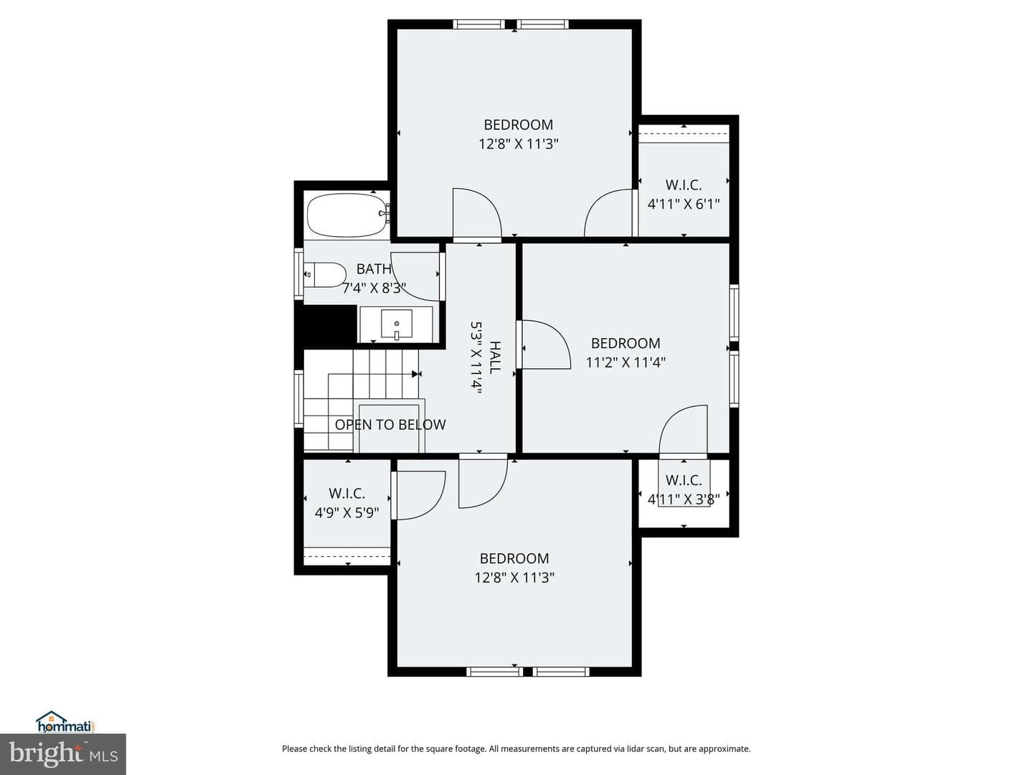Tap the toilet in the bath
coord(325,275)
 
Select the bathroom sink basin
coord(396,324)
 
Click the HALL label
coord(494,357)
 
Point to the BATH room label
coord(374,268)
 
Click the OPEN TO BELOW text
coord(390,424)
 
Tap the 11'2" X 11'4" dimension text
coord(626,362)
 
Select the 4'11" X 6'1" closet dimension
coord(684,205)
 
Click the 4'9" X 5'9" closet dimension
coord(346,512)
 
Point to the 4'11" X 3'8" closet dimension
coord(684,499)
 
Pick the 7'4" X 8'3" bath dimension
coord(374,288)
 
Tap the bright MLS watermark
coord(63,754)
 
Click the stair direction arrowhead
coord(415,374)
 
